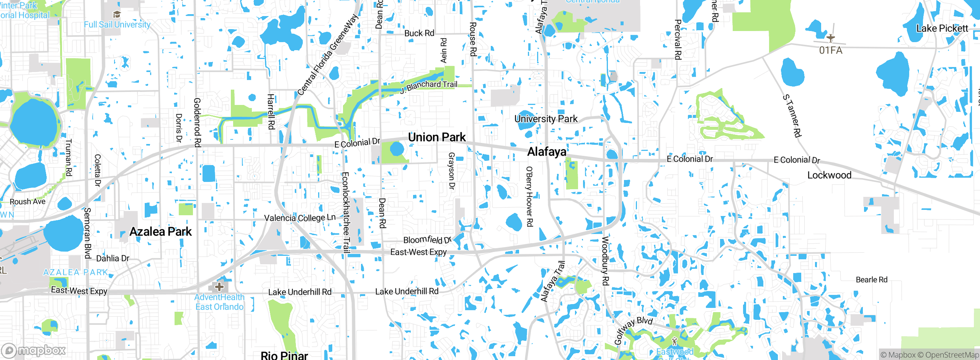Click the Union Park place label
click(x=437, y=137)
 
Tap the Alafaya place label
click(x=547, y=152)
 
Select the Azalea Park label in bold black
click(x=160, y=232)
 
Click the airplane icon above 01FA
click(x=830, y=38)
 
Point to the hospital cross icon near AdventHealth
click(x=219, y=286)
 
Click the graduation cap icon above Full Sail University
click(x=117, y=15)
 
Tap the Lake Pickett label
click(x=942, y=29)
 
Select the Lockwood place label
click(x=829, y=175)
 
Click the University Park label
click(x=546, y=119)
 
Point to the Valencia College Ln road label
click(x=300, y=218)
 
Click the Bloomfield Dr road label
click(x=427, y=240)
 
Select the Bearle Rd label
click(x=871, y=280)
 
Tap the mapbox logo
click(x=34, y=350)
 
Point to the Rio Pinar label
click(x=284, y=355)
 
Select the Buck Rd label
click(x=419, y=33)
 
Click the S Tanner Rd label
click(x=792, y=116)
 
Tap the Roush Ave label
click(x=28, y=201)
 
